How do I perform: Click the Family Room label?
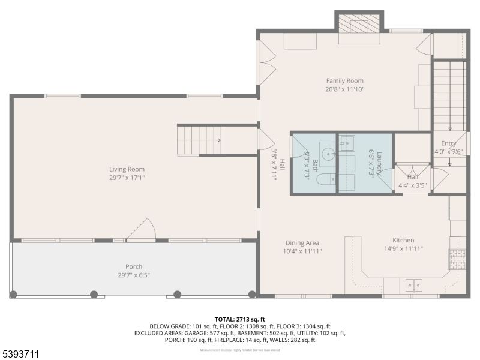(344, 80)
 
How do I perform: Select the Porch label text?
(134, 266)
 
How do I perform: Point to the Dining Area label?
(302, 242)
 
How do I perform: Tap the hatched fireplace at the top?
(359, 27)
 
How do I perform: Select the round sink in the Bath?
(327, 154)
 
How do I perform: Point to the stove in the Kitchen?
(458, 259)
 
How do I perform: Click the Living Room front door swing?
(143, 230)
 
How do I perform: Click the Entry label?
(449, 143)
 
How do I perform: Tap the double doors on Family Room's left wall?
(266, 64)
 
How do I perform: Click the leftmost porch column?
(14, 294)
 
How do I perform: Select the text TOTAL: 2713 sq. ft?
(239, 319)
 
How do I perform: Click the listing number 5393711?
(21, 354)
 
